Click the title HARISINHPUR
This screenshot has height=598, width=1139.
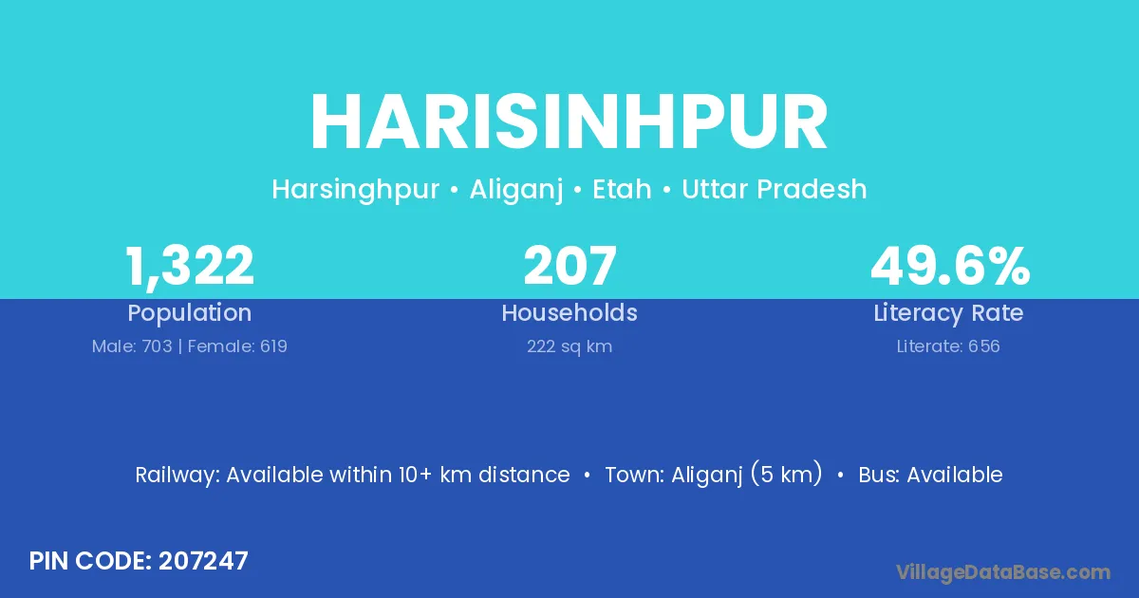point(569,122)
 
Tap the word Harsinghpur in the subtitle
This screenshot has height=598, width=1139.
point(355,190)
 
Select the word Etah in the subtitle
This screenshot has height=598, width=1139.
point(622,189)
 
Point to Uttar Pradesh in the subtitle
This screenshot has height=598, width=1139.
point(775,189)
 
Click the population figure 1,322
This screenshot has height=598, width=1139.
point(189,267)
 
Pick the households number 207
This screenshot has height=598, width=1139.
point(569,266)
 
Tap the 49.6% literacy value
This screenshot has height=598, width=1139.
point(950,266)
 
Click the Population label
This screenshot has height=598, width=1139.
point(189,313)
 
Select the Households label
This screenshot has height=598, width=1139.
point(569,312)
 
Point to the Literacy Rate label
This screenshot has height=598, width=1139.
point(948,313)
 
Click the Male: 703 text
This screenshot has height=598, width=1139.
point(132,346)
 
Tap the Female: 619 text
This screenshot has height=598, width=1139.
point(237,346)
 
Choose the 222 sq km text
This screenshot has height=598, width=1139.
point(569,346)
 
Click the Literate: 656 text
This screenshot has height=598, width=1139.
point(948,346)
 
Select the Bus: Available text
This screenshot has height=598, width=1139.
point(930,475)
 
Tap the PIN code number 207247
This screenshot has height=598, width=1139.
point(203,561)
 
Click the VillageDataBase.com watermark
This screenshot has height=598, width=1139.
point(1003,572)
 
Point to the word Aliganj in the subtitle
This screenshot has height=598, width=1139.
point(516,190)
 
